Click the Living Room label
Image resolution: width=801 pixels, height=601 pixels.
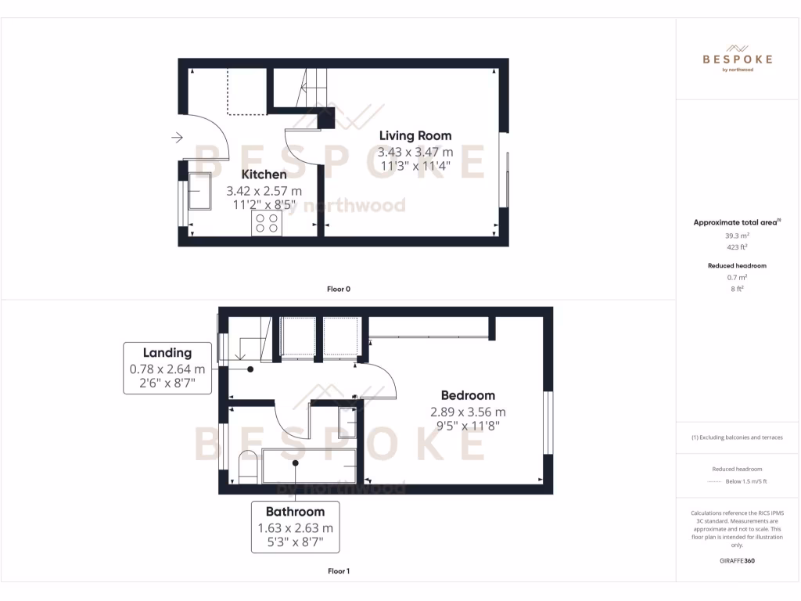pyautogui.click(x=415, y=136)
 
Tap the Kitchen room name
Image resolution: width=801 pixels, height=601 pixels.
pyautogui.click(x=264, y=175)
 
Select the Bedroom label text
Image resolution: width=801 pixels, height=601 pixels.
pyautogui.click(x=468, y=395)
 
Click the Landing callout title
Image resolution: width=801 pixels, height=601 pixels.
pyautogui.click(x=167, y=353)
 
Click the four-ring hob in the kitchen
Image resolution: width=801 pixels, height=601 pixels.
pyautogui.click(x=266, y=224)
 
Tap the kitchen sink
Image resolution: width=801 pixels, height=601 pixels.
pyautogui.click(x=199, y=192)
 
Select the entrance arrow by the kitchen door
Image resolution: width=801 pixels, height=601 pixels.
pyautogui.click(x=177, y=139)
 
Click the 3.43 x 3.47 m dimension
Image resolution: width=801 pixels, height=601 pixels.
pyautogui.click(x=415, y=152)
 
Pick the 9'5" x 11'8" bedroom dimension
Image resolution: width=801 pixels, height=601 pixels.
pyautogui.click(x=468, y=426)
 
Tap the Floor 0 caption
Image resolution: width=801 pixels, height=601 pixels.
pyautogui.click(x=339, y=290)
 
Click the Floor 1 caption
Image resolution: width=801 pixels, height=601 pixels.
pyautogui.click(x=339, y=571)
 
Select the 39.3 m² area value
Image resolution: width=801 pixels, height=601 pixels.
pyautogui.click(x=738, y=235)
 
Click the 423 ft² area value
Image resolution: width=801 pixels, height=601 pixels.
pyautogui.click(x=738, y=247)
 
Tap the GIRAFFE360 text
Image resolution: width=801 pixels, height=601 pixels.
pyautogui.click(x=738, y=560)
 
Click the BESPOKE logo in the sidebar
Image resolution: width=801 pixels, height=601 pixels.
pyautogui.click(x=738, y=58)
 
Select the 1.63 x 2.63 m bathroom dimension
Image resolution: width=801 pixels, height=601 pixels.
pyautogui.click(x=295, y=527)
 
